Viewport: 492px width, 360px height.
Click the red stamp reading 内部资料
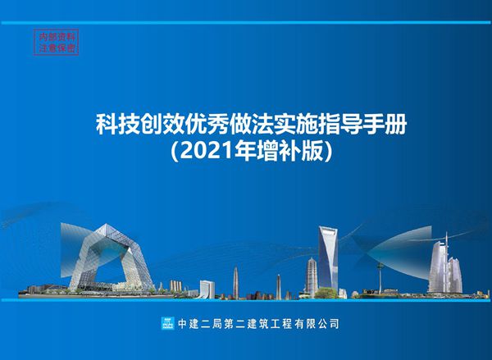point(58,36)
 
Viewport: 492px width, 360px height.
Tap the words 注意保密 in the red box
point(58,48)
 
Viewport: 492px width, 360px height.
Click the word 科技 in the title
point(116,126)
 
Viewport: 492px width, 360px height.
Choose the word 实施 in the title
point(289,126)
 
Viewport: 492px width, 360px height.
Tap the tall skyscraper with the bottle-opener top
point(328,258)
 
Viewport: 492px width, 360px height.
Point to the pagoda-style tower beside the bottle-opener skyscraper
point(312,276)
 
